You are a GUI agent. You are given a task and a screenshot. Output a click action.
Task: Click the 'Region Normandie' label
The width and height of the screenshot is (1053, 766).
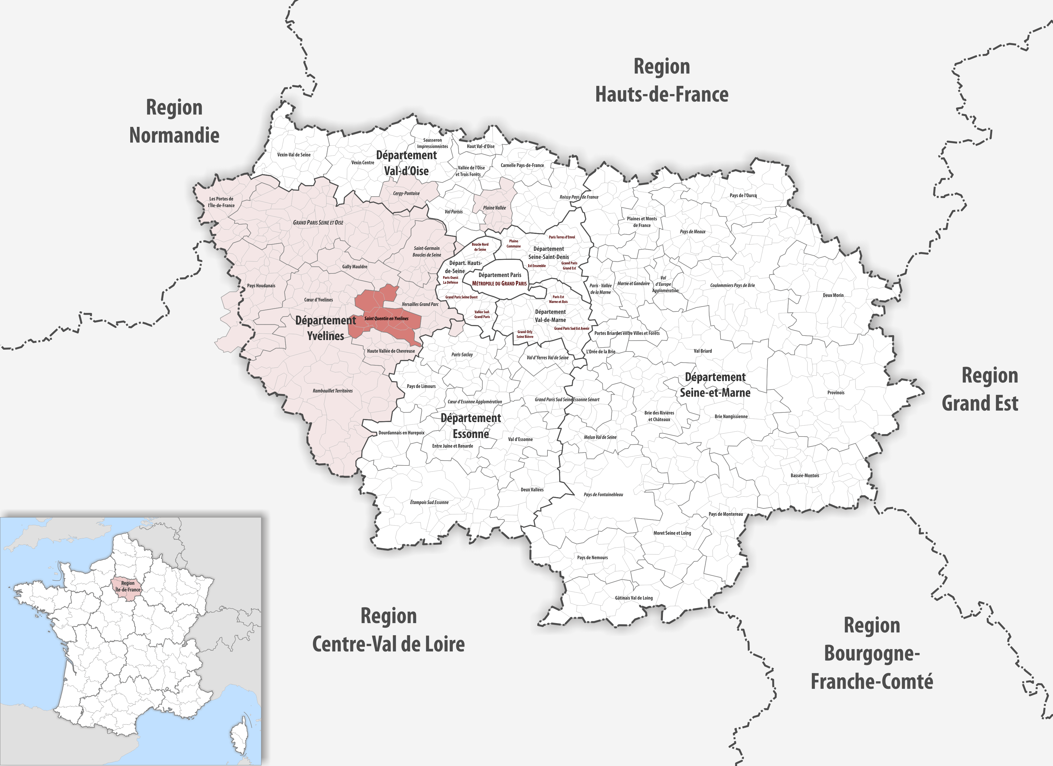[174, 121]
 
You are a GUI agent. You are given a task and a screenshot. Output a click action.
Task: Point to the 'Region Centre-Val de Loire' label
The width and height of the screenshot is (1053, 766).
[388, 630]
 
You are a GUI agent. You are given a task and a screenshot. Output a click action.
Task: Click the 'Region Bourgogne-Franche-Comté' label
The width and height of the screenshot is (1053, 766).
[872, 654]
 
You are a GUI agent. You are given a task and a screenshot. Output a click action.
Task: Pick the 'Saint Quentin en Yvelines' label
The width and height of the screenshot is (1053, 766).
[386, 318]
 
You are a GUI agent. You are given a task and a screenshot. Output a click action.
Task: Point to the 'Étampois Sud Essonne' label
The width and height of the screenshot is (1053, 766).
[429, 502]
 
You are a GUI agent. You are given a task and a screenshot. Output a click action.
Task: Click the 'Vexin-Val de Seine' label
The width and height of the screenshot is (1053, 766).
[294, 155]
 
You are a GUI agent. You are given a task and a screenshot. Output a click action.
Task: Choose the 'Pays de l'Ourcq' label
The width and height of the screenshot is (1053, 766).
[743, 195]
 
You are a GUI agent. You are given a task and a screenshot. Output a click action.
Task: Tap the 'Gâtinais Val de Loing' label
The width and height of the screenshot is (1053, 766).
[634, 598]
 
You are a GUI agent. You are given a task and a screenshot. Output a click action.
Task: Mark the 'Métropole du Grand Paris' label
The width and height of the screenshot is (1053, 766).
[499, 283]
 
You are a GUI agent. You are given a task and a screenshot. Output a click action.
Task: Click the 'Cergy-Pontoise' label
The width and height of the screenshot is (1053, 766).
[406, 194]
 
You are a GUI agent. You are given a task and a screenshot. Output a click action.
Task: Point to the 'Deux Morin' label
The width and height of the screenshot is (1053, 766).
[833, 295]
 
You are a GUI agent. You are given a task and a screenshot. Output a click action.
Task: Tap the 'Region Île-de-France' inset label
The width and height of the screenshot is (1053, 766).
[128, 586]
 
